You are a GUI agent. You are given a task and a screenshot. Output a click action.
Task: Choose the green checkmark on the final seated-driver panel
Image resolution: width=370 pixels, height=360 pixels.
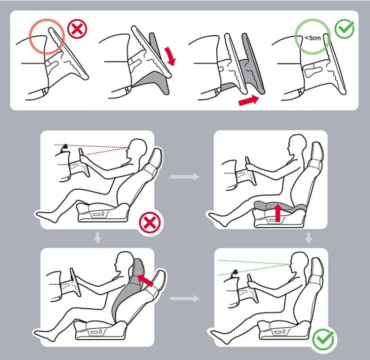323,338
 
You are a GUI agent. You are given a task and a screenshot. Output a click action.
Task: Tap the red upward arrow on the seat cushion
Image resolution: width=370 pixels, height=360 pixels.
277,212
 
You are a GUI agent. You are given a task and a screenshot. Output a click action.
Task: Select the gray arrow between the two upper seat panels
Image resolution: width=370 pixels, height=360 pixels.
184,177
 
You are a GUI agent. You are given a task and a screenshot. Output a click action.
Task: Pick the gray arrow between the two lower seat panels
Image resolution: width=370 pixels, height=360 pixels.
184,298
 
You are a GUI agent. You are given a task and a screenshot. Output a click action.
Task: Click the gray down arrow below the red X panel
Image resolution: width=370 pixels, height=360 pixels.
97,239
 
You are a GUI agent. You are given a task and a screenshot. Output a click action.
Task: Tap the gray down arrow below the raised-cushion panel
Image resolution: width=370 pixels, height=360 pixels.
308,239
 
